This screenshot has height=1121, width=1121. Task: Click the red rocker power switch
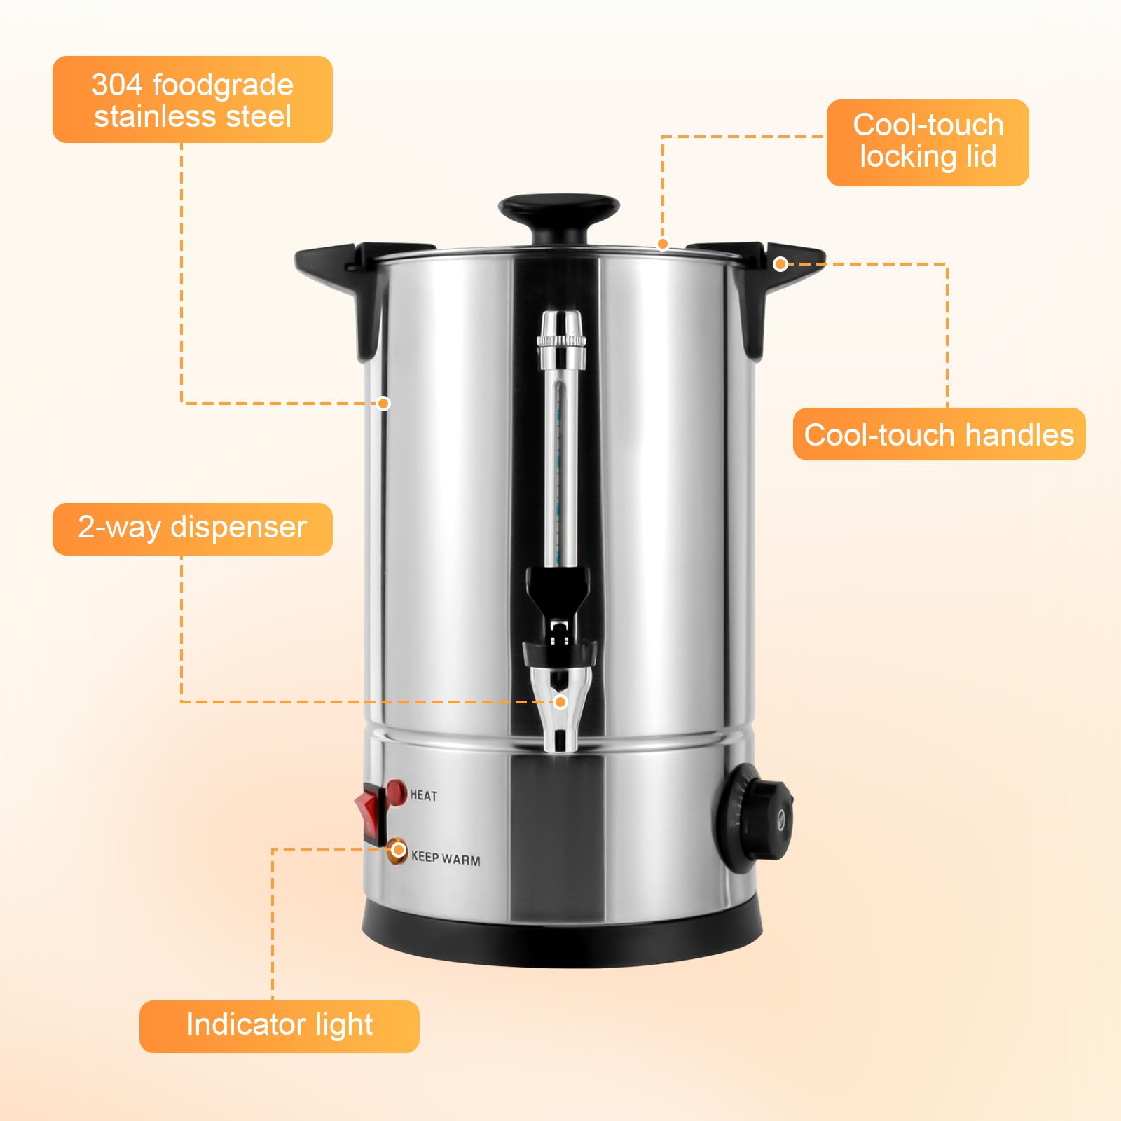pos(370,814)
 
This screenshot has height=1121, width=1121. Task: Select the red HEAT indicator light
pos(396,792)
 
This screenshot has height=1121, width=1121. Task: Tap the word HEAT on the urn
pos(423,795)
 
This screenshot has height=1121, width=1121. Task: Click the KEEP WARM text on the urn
pos(446,858)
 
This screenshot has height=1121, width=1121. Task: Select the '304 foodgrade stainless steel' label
pos(192,99)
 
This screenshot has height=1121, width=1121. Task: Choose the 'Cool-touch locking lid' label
pos(928,142)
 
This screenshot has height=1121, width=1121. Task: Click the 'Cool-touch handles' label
pos(939,434)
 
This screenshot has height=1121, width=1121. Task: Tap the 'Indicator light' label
pos(279,1026)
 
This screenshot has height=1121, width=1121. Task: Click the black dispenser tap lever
pos(558,589)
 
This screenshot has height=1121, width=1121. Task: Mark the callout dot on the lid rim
pos(662,244)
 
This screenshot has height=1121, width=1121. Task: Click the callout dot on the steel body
pos(383,403)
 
